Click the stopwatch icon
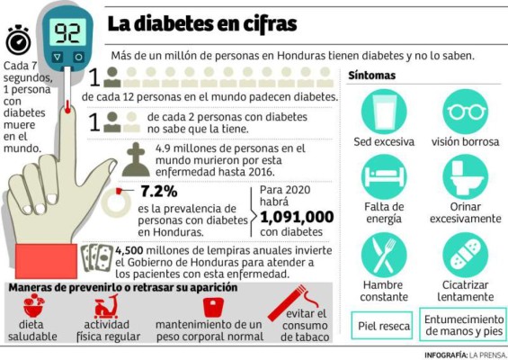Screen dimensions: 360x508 (x=18, y=40)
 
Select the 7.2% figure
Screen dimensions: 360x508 (x=159, y=191)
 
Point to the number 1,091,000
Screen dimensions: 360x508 (x=296, y=217)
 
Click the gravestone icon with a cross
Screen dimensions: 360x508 (x=136, y=157)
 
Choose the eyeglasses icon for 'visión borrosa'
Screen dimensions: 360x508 (x=465, y=112)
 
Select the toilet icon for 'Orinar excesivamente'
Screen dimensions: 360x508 (x=465, y=177)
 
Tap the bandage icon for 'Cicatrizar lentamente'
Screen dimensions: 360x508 (x=465, y=254)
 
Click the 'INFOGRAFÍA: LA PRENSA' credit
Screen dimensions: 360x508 (x=466, y=355)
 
